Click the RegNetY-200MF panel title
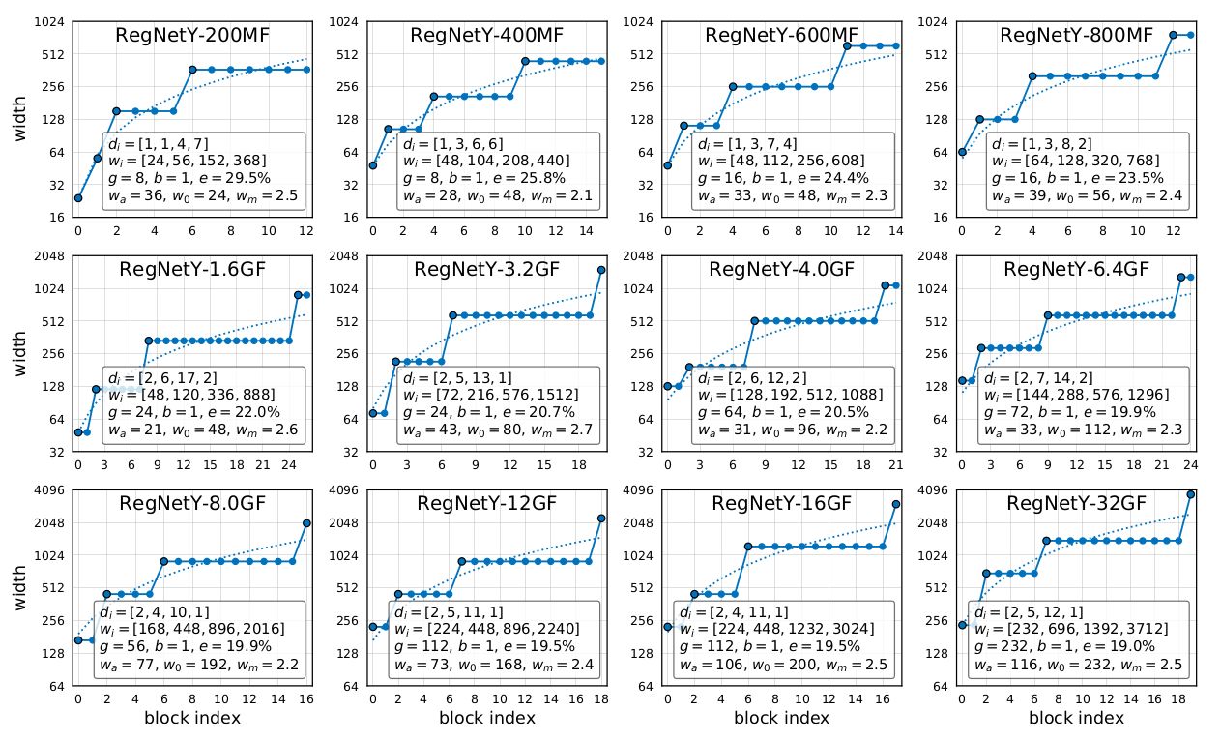coord(192,36)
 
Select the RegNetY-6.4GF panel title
coord(1076,269)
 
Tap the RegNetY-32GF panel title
coord(1076,503)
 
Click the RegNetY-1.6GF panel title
coord(192,269)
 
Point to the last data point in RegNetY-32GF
coord(1191,494)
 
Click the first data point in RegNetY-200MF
coord(78,198)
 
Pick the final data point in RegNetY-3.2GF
coord(601,270)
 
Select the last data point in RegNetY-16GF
coord(896,504)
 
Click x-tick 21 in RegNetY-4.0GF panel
coord(896,464)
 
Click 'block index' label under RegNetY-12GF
coord(487,718)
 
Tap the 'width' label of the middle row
coord(20,353)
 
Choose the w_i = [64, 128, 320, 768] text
coord(1063,161)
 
